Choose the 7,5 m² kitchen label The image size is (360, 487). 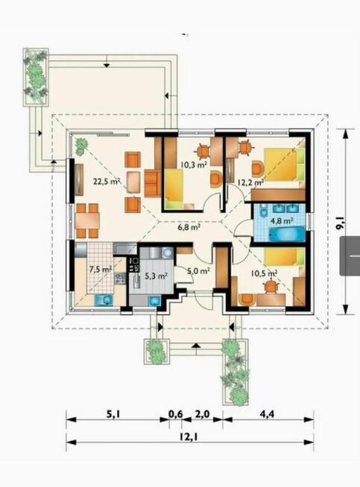pos(100,270)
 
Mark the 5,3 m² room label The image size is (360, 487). pos(156,275)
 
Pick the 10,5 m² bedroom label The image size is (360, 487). pos(263,273)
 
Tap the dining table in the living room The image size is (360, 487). pos(88,219)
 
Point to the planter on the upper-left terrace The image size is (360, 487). pos(34,75)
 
